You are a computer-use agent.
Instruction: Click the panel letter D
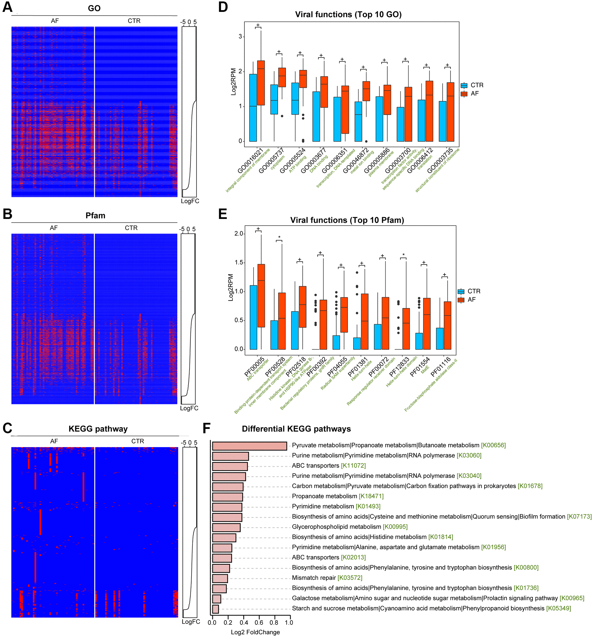[223, 7]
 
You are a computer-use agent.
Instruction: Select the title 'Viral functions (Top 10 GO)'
[348, 14]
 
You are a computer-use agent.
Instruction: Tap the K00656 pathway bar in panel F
[249, 446]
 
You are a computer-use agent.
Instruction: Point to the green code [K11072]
[353, 466]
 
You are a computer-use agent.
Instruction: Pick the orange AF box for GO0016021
[261, 83]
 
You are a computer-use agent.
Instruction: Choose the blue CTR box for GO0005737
[274, 99]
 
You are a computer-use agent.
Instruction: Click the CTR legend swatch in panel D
[464, 85]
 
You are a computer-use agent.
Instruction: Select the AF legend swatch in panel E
[461, 300]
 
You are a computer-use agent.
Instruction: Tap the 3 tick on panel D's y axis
[240, 37]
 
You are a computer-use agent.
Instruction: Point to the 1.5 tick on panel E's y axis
[239, 262]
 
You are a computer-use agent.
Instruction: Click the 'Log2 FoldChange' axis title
[255, 632]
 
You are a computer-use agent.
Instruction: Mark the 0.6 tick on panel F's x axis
[259, 622]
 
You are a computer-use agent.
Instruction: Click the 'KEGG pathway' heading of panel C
[98, 429]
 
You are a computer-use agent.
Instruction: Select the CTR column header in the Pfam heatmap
[131, 228]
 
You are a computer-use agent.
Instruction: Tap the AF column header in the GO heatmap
[55, 21]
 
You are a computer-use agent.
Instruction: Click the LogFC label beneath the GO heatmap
[190, 201]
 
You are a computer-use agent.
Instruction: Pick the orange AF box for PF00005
[261, 296]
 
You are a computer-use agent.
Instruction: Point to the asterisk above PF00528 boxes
[279, 238]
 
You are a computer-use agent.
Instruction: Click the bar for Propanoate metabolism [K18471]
[227, 497]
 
